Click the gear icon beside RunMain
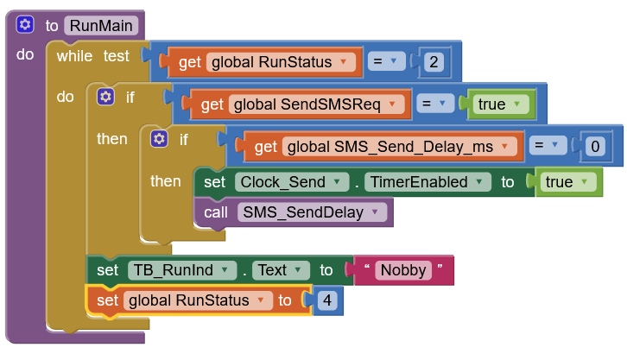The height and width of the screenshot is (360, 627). pyautogui.click(x=25, y=25)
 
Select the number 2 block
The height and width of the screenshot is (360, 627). pyautogui.click(x=434, y=62)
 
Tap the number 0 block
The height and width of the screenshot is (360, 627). pyautogui.click(x=594, y=147)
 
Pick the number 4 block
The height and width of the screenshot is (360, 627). pyautogui.click(x=326, y=300)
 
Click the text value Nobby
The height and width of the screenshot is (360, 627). pyautogui.click(x=403, y=270)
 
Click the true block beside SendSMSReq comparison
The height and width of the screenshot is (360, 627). pyautogui.click(x=498, y=104)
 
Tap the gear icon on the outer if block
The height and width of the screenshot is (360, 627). pyautogui.click(x=105, y=97)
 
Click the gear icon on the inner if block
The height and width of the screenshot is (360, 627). pyautogui.click(x=159, y=139)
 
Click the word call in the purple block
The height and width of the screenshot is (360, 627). pyautogui.click(x=217, y=212)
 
